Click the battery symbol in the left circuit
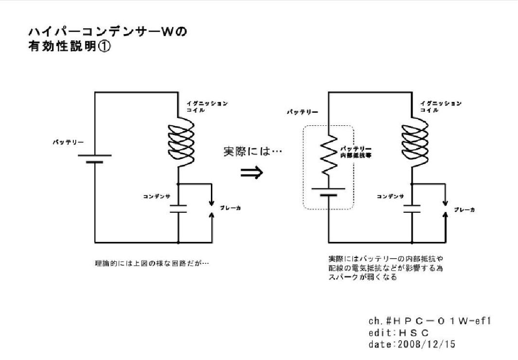[94, 159]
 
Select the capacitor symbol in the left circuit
[179, 209]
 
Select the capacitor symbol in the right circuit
[413, 209]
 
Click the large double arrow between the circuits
[252, 172]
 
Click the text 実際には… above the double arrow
[252, 151]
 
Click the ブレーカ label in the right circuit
[464, 209]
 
